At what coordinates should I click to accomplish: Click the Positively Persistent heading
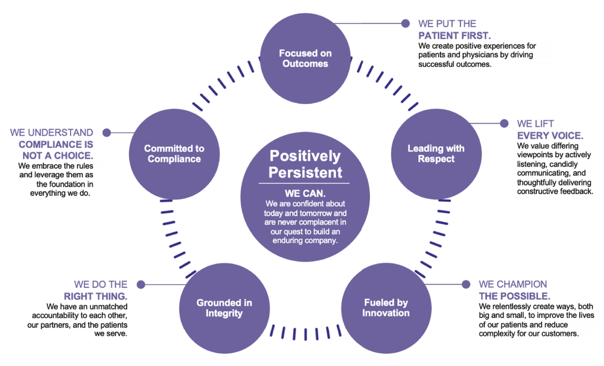(x=305, y=163)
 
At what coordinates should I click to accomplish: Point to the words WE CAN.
(x=305, y=193)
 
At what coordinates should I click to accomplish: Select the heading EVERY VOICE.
(x=550, y=136)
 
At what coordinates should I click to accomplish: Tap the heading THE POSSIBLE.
(x=514, y=296)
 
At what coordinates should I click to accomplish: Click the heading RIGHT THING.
(x=95, y=296)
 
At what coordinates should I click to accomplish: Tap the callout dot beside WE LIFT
(x=504, y=124)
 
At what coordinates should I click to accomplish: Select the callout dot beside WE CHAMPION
(x=466, y=284)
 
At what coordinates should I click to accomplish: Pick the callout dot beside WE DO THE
(x=141, y=284)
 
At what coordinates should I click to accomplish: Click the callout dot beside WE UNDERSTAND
(x=107, y=132)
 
